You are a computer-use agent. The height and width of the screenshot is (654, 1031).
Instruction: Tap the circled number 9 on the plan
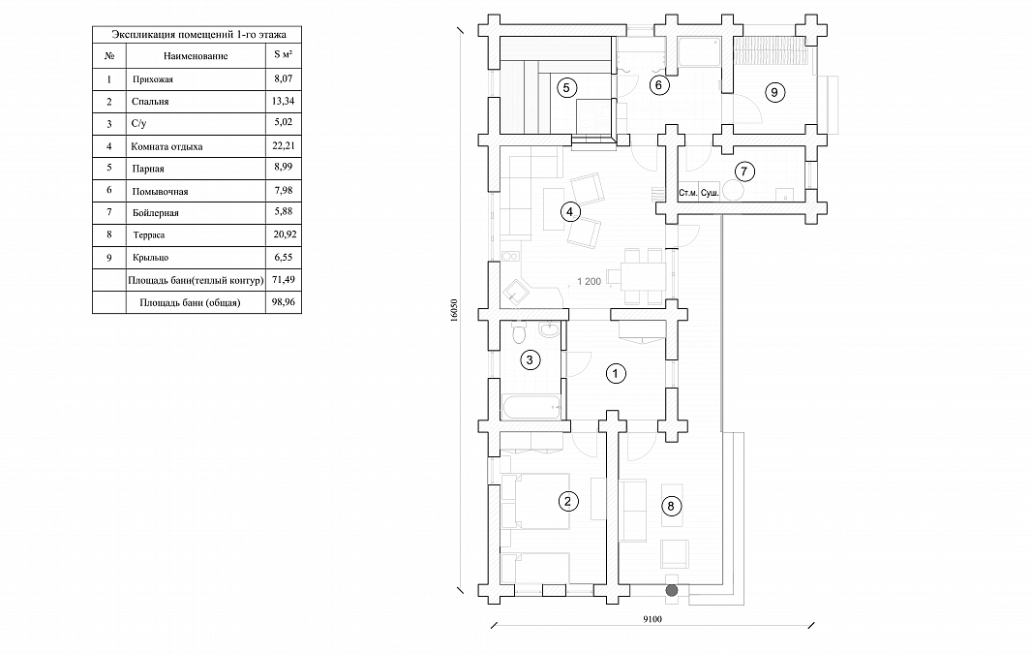(x=773, y=92)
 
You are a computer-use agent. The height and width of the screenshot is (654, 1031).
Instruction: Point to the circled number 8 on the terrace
(x=673, y=505)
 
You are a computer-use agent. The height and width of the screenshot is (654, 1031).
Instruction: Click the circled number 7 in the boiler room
(x=743, y=172)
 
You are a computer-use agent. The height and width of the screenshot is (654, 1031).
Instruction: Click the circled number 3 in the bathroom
(x=529, y=360)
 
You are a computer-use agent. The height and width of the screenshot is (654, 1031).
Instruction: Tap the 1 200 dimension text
(x=590, y=281)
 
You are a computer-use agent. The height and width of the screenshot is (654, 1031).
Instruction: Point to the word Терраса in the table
(x=150, y=234)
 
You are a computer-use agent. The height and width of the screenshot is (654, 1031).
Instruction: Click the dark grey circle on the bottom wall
(x=670, y=588)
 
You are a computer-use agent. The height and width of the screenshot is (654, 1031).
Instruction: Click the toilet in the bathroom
(x=518, y=335)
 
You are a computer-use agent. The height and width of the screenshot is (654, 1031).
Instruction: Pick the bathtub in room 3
(x=529, y=407)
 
